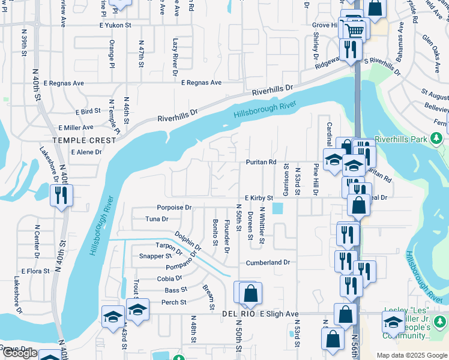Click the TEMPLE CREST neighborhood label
(83, 140)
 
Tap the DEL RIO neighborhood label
(239, 314)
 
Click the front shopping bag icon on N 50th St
(251, 294)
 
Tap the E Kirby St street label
(259, 197)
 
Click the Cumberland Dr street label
(268, 263)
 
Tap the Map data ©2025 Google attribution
(411, 355)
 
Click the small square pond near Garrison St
(277, 209)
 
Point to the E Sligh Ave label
(279, 314)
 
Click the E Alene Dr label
(86, 152)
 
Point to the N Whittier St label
(262, 226)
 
